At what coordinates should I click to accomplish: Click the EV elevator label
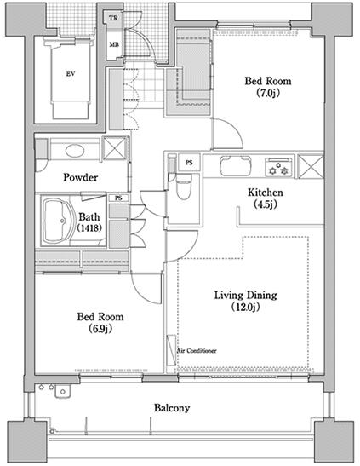tap(71, 73)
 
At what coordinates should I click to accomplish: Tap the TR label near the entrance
tap(113, 19)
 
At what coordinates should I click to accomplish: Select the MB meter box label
tap(114, 44)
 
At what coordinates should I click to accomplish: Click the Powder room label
tap(81, 177)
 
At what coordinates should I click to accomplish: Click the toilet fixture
tap(184, 187)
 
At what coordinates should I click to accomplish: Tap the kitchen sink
tap(236, 166)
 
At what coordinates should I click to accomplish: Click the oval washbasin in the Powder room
tap(75, 151)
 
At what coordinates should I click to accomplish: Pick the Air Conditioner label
tap(197, 351)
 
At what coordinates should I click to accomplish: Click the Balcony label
tap(172, 408)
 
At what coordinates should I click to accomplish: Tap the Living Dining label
tap(246, 295)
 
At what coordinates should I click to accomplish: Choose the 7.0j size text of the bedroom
tap(268, 94)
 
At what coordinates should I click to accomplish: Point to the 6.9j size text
tap(100, 329)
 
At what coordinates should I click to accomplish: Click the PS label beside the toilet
tap(189, 163)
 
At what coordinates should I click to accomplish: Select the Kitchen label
tap(266, 193)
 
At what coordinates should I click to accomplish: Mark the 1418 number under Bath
tap(89, 227)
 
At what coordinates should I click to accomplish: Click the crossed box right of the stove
tap(310, 167)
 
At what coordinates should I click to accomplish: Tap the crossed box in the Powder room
tap(114, 148)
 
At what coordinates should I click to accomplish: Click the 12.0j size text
tap(245, 307)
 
